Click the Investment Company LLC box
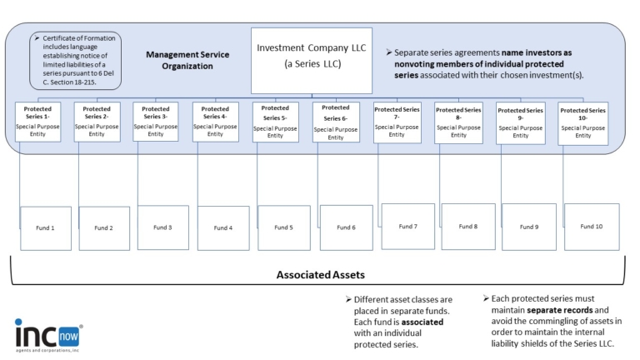311,61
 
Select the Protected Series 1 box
37,122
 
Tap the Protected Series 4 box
215,122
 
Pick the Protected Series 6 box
336,122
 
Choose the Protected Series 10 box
583,123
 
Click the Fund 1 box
46,227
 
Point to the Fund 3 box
162,227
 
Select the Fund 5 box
284,227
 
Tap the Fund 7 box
407,226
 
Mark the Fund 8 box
468,226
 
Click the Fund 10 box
591,226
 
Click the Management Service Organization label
187,60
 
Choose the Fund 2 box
104,227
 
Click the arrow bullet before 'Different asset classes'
347,299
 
